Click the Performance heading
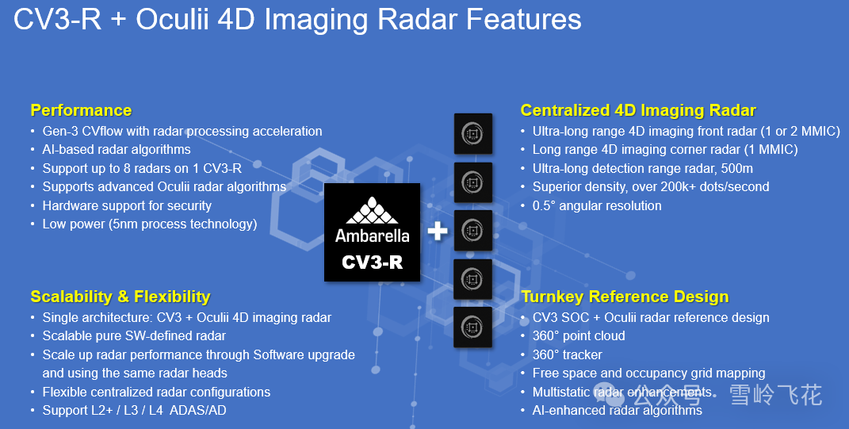coord(81,110)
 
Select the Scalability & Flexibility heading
coord(120,297)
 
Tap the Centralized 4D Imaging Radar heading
coord(638,110)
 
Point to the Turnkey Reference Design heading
coord(625,297)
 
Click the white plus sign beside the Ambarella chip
coord(438,232)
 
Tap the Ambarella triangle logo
coord(372,210)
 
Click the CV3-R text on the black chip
coord(372,262)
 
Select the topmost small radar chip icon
coord(472,134)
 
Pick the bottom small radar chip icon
coord(472,327)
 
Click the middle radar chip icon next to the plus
coord(472,231)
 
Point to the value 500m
coord(737,168)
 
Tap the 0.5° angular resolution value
coord(544,206)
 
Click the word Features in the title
coord(523,20)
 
